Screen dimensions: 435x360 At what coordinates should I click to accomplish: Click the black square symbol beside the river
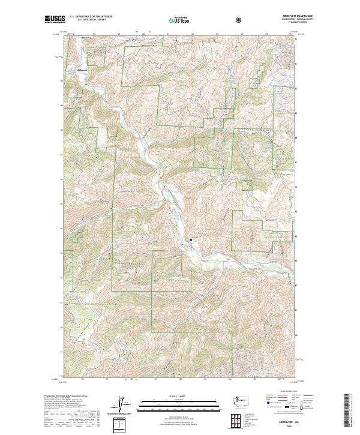[191, 239]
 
